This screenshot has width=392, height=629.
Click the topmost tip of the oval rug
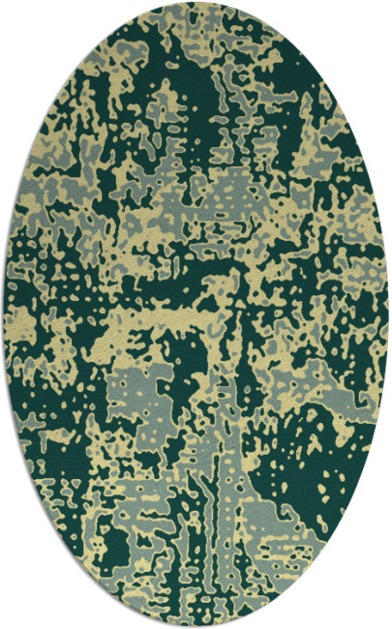196,4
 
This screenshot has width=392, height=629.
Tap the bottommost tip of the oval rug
196,625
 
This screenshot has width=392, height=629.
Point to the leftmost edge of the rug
4,314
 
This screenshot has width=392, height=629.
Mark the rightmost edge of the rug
388,314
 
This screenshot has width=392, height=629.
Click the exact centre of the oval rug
196,314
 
